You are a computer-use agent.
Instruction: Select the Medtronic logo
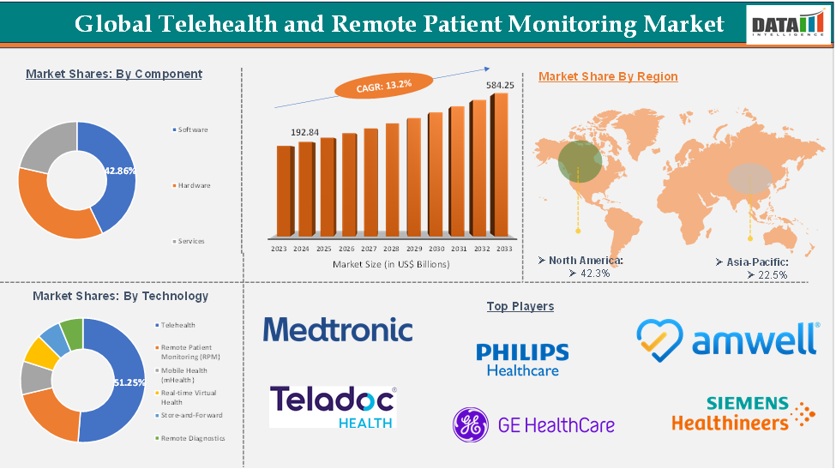pos(338,329)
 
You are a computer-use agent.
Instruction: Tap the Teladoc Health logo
pos(334,406)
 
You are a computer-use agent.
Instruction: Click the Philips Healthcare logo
pos(522,359)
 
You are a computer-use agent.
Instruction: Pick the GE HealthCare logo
pos(533,424)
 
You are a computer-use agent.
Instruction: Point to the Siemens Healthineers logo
pos(743,413)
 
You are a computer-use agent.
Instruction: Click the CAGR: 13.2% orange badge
pos(372,85)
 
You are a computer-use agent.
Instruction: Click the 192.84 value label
pos(304,133)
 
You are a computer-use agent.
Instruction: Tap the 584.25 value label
pos(500,85)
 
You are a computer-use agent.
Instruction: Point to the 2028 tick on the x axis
pos(392,248)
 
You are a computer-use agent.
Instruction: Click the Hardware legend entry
pos(194,185)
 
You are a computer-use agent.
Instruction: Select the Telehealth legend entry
pos(178,325)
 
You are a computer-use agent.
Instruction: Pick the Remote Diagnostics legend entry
pos(193,437)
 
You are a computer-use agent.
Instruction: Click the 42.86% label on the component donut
pos(120,171)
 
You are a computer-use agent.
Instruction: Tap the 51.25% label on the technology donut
pos(129,382)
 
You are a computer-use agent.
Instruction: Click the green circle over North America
pos(580,161)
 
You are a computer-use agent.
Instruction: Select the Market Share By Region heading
pos(608,76)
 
